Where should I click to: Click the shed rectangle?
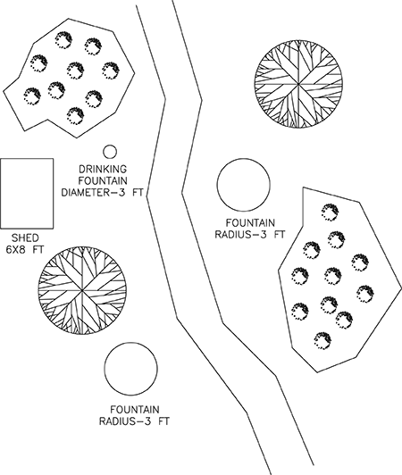[x=27, y=192]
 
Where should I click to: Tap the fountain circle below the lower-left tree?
[x=131, y=369]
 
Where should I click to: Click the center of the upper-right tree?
[x=292, y=88]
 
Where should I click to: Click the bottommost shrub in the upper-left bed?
[x=76, y=114]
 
